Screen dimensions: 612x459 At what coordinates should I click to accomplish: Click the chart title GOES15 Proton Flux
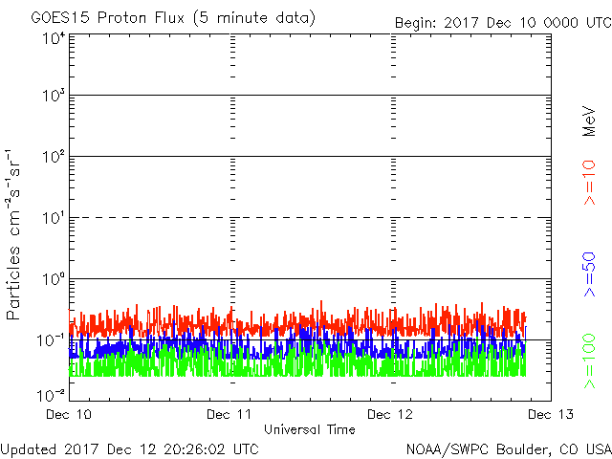click(x=108, y=18)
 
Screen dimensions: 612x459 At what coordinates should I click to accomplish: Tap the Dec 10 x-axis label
click(x=69, y=414)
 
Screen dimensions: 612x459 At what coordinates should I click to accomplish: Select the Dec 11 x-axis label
click(x=229, y=414)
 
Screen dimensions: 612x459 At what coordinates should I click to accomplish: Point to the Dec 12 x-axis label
click(x=390, y=414)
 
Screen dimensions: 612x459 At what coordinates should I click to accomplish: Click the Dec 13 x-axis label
click(x=551, y=414)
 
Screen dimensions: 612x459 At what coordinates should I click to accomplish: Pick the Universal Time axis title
click(x=310, y=429)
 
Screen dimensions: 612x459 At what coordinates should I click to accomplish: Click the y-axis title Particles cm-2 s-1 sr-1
click(x=12, y=234)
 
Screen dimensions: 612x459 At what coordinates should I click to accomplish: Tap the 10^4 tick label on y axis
click(x=54, y=38)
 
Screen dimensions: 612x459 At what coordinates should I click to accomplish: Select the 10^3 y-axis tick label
click(x=54, y=96)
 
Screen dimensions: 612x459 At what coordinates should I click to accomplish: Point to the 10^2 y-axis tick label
click(x=54, y=157)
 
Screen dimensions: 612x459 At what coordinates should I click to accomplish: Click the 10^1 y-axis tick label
click(x=54, y=218)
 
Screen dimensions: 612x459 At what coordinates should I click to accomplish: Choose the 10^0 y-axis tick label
click(x=54, y=279)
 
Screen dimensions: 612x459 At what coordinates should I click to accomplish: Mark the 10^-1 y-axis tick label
click(x=52, y=340)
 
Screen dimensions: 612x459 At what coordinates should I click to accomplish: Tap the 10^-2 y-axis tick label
click(x=52, y=396)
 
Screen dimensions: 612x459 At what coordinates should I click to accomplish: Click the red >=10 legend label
click(x=589, y=183)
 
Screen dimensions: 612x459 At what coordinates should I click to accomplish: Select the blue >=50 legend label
click(x=589, y=274)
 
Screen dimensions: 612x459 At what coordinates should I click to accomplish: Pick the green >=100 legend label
click(x=589, y=361)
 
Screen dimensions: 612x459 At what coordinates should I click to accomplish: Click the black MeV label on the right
click(x=589, y=121)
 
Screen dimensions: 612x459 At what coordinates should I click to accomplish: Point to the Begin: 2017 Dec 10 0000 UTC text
click(x=504, y=23)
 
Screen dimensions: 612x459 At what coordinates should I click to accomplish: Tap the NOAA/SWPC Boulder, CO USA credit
click(x=509, y=449)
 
